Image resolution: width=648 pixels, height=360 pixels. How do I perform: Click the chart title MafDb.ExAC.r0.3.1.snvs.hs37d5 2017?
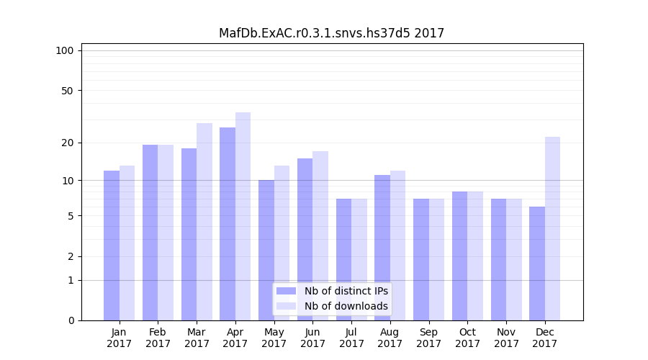331,33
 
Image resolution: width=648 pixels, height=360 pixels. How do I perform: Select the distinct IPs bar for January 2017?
112,245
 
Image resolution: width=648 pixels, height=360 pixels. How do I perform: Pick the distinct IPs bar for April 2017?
228,223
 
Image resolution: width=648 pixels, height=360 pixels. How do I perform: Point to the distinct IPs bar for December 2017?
537,263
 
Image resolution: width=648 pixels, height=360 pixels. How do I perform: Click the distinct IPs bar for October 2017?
459,256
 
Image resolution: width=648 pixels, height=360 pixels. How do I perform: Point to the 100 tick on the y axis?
65,50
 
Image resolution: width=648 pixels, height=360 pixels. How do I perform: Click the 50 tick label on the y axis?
67,91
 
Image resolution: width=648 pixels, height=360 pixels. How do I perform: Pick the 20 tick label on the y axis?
67,143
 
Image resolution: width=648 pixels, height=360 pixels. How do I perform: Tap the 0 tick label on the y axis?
71,320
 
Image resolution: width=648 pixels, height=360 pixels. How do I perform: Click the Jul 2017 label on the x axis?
351,338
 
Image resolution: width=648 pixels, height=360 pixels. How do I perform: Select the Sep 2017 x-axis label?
428,338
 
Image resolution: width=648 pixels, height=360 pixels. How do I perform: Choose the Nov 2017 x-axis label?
506,338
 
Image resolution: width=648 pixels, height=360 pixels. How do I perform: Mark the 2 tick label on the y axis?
71,256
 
